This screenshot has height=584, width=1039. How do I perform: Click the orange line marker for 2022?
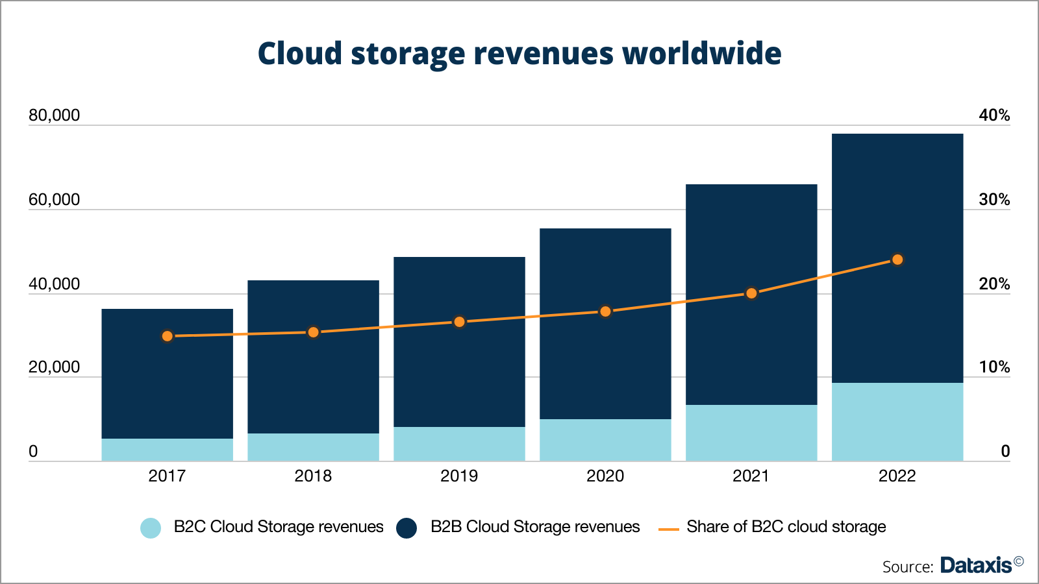(897, 260)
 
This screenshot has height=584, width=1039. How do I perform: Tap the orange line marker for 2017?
(168, 336)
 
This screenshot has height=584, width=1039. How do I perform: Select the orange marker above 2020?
(605, 311)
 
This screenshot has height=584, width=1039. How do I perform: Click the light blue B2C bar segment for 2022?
(897, 422)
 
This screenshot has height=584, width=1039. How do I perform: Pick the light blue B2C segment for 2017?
(168, 450)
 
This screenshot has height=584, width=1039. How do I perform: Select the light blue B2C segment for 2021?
(751, 433)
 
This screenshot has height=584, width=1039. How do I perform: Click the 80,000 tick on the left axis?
(54, 116)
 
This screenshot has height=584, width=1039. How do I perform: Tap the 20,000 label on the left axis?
(54, 367)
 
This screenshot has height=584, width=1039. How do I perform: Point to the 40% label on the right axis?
(994, 116)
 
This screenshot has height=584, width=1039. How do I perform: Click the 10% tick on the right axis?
(994, 367)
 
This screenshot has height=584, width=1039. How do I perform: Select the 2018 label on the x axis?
(313, 476)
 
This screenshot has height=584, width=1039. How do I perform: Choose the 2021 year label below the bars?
(751, 476)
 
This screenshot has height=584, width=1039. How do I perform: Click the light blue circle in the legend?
(151, 528)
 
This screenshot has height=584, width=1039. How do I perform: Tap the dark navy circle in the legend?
(407, 528)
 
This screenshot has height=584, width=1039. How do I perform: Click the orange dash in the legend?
(668, 529)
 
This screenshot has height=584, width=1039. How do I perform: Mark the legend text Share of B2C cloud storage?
(786, 526)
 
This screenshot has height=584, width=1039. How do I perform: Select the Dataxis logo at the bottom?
(976, 565)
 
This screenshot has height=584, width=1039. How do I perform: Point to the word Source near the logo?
(907, 566)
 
